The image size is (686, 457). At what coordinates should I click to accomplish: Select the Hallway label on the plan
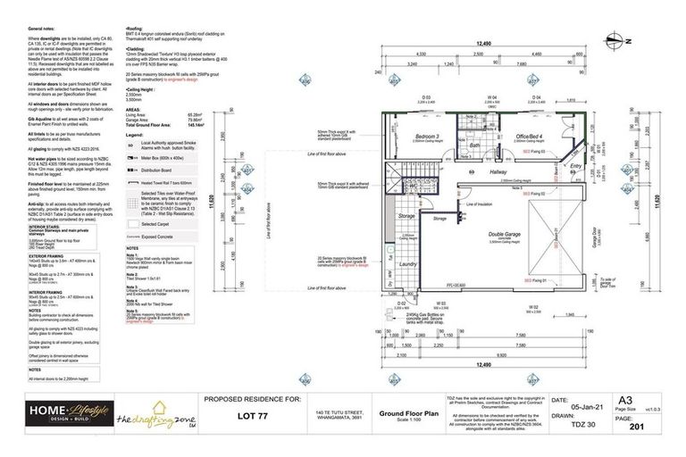click(x=498, y=173)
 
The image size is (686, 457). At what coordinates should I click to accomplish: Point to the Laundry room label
click(x=410, y=263)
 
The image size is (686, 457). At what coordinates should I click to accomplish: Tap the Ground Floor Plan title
click(x=405, y=414)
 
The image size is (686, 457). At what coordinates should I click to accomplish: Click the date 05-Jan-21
click(x=584, y=401)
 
